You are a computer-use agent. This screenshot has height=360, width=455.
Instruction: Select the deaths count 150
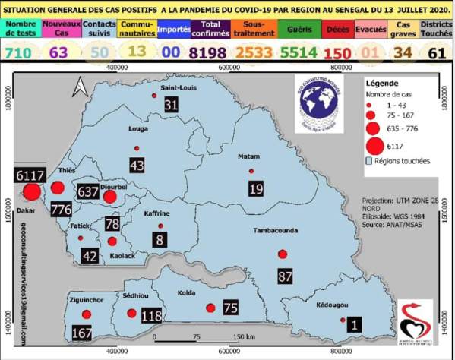coord(337,52)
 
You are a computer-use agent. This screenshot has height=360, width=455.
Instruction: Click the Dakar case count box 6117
coord(30,175)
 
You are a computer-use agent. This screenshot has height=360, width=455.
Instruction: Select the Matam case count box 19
coord(256,188)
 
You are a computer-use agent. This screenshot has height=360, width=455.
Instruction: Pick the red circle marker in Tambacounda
coord(283,254)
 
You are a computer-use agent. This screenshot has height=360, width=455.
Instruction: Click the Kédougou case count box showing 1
coord(353,324)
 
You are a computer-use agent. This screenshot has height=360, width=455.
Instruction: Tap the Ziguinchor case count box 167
coord(81,333)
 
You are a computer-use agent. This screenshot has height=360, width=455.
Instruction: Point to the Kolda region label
coord(186,292)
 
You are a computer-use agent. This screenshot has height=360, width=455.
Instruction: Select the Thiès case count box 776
coord(61,207)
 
